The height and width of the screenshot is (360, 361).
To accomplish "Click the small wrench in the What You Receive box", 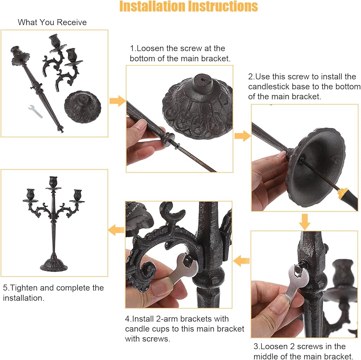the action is point(35,112).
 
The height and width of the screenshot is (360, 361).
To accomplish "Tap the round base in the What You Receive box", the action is point(83,107).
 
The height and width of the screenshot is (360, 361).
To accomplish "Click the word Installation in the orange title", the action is point(152,6).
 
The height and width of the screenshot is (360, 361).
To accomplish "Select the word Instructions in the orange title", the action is point(223,6).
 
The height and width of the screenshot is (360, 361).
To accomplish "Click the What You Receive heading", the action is point(52,22).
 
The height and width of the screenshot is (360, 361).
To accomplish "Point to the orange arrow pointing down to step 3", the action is point(305,222).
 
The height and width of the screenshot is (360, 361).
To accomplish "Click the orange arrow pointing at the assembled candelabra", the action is point(116,230).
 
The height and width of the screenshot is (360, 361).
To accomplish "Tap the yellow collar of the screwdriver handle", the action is point(343,192).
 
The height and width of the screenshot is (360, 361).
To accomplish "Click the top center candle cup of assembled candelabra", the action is point(53,182).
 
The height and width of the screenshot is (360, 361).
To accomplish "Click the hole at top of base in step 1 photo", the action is point(203,79).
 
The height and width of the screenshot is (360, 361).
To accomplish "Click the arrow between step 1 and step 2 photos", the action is point(243,135).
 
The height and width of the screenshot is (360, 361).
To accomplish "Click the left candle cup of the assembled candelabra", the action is point(31,194).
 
